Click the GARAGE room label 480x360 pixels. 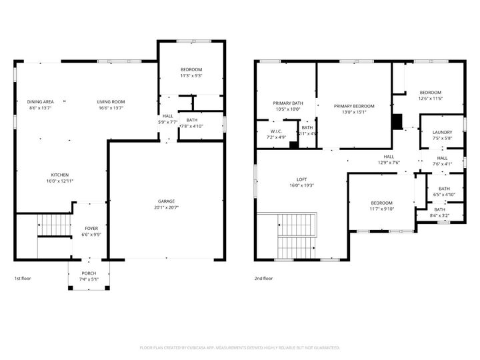tap(167, 201)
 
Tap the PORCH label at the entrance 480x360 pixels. tap(89, 273)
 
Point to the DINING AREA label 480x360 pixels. tap(39, 102)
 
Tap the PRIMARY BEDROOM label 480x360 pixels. tap(354, 107)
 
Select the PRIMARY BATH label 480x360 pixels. tap(288, 103)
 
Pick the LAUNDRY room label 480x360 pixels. tap(442, 133)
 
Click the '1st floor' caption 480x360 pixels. tap(22, 279)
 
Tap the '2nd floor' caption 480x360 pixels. tap(263, 279)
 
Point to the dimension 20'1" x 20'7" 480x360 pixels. tap(167, 207)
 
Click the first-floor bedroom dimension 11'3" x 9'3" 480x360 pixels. tap(191, 76)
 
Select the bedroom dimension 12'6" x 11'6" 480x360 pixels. tap(430, 99)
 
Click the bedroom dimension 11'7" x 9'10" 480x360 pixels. tap(381, 209)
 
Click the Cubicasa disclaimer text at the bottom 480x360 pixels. tap(240, 348)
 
